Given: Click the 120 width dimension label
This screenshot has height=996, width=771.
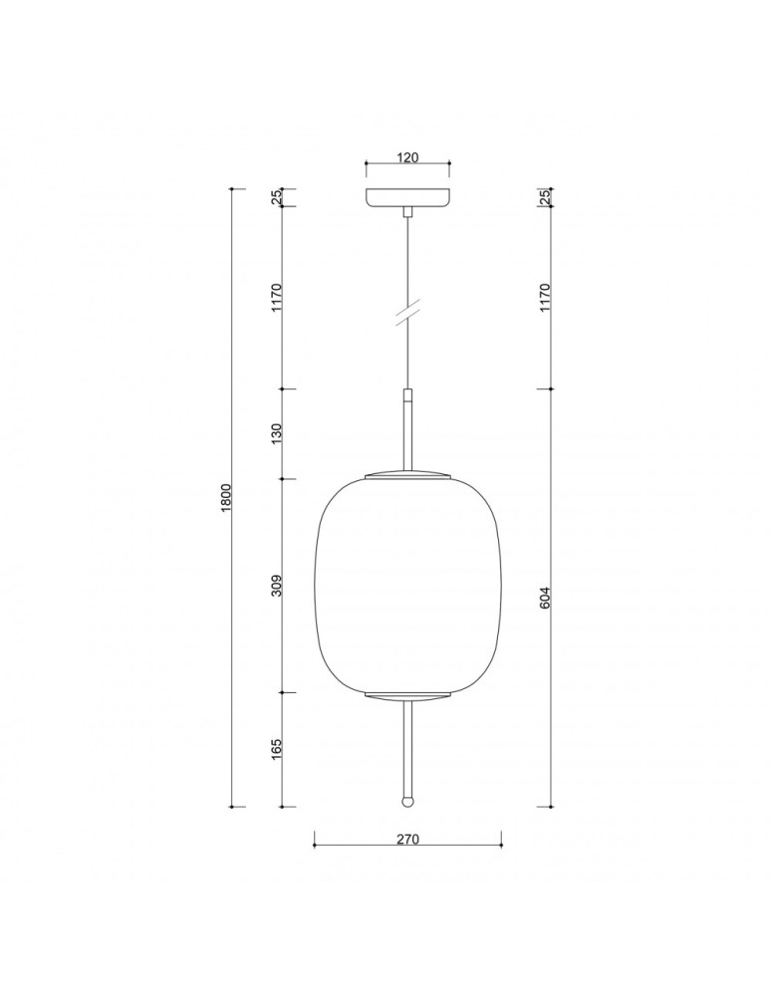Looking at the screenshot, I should [407, 156].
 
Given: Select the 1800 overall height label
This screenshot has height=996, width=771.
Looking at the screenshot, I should [226, 497].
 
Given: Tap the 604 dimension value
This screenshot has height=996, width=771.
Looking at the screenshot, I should [545, 597].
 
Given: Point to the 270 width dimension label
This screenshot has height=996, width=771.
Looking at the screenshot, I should [407, 839].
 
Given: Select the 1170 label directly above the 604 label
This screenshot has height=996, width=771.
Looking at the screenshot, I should [545, 296].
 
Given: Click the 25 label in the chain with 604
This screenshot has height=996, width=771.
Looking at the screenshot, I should [545, 197].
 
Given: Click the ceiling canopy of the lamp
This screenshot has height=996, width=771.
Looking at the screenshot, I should [407, 197].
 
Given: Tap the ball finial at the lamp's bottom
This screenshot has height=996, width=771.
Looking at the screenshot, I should [407, 800].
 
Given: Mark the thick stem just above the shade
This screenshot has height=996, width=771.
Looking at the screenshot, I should [407, 428].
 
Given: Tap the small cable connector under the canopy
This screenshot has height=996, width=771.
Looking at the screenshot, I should [407, 212].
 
